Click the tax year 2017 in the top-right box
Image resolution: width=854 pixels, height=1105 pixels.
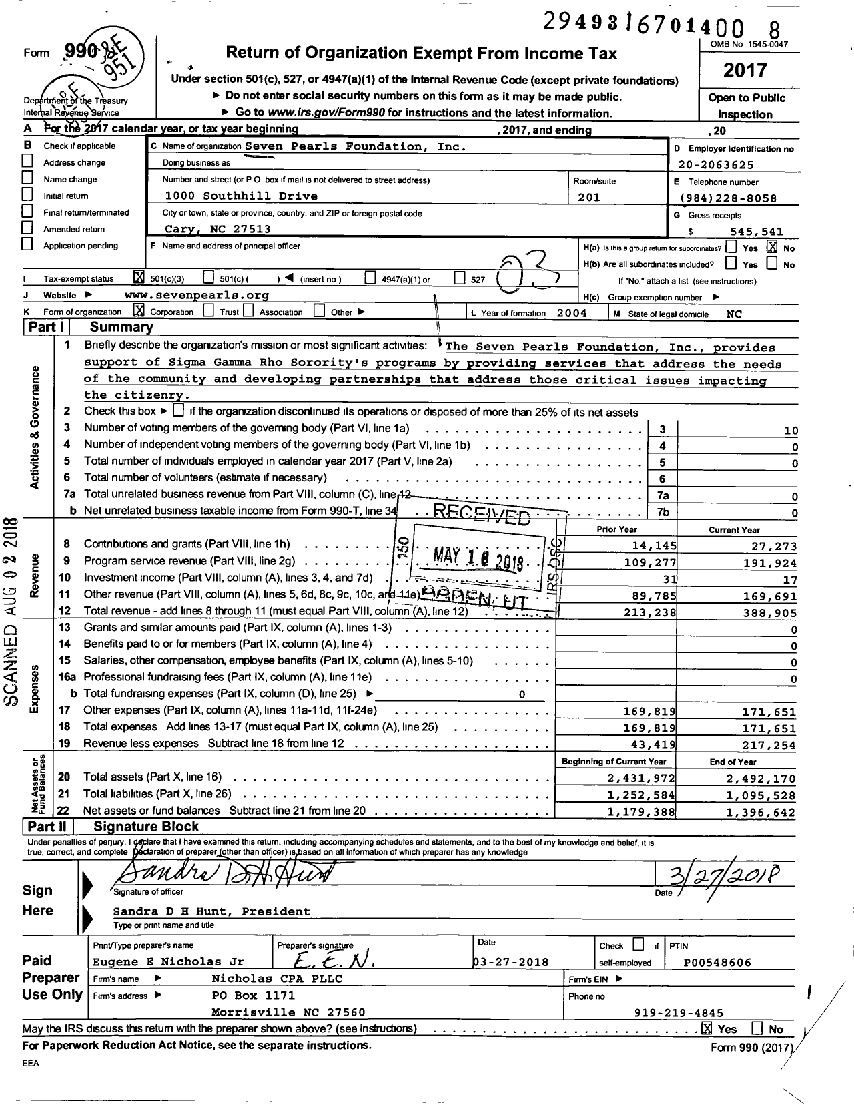click(745, 70)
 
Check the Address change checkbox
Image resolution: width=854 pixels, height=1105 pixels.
click(27, 161)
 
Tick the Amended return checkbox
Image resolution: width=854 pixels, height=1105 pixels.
click(27, 228)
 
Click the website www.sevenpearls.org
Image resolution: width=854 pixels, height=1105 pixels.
click(197, 295)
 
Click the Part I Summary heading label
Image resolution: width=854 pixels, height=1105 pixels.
click(121, 327)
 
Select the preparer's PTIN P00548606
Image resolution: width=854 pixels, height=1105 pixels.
click(717, 962)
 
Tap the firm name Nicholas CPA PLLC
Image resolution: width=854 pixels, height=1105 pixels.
click(277, 979)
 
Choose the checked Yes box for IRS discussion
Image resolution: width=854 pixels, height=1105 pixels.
click(707, 1028)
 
